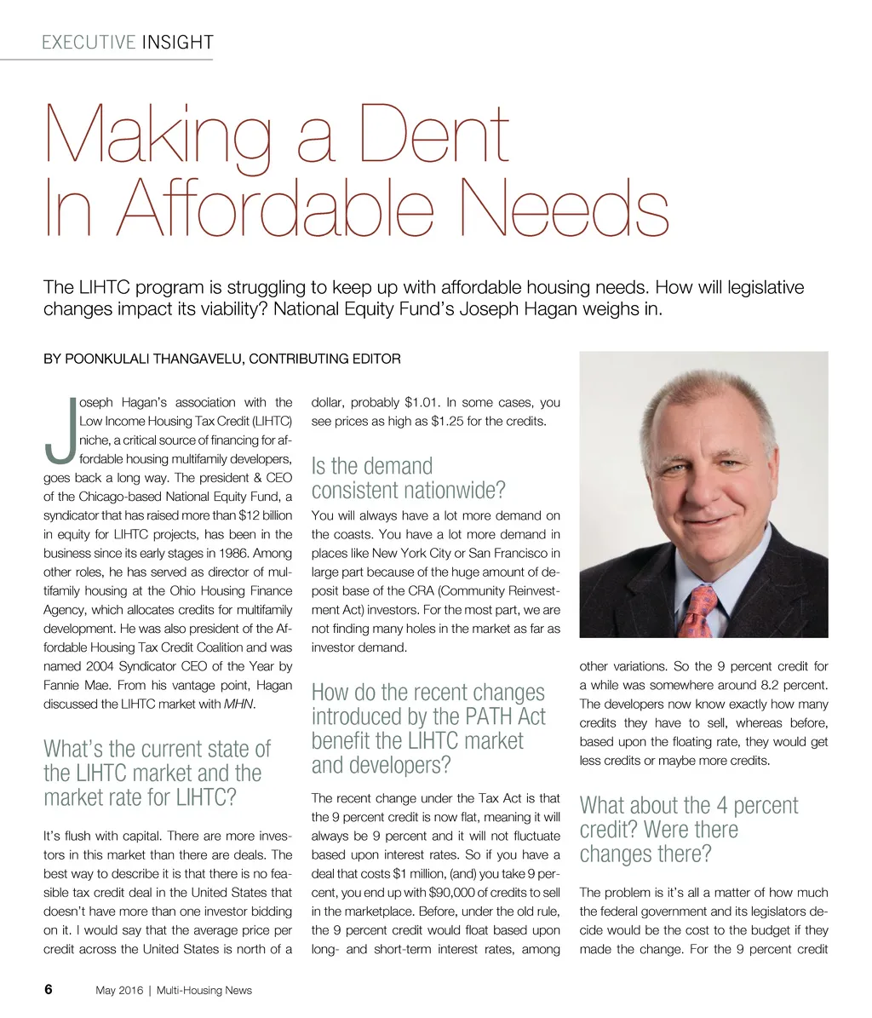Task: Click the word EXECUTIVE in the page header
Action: click(x=89, y=42)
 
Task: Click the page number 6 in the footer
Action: click(x=48, y=990)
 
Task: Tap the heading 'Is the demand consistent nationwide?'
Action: click(x=409, y=478)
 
